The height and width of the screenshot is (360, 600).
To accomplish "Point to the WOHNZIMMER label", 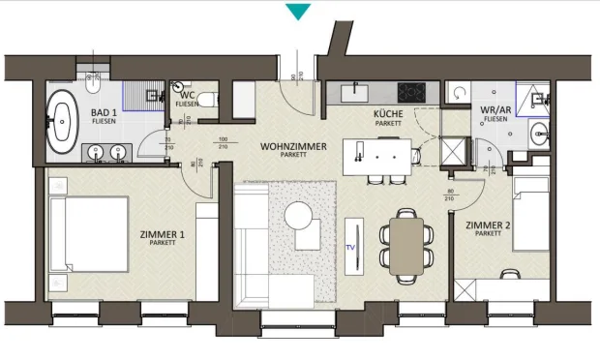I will pyautogui.click(x=293, y=146).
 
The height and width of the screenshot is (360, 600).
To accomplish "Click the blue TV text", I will pyautogui.click(x=350, y=247).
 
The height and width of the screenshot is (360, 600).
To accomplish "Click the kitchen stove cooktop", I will pyautogui.click(x=410, y=93).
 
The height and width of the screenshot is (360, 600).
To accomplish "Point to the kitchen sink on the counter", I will pyautogui.click(x=353, y=92).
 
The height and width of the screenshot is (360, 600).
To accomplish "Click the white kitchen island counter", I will pyautogui.click(x=382, y=153).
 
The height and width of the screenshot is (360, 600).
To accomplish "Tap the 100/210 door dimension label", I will pyautogui.click(x=222, y=144).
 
